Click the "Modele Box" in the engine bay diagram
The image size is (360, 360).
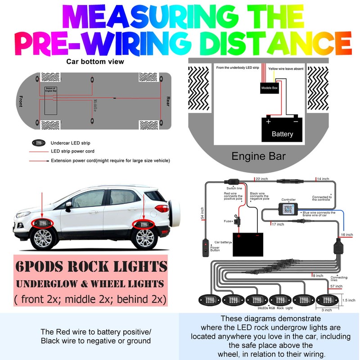click(270, 89)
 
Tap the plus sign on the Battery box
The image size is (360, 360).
click(268, 121)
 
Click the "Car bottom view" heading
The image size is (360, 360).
click(95, 62)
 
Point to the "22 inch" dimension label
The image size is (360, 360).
click(262, 179)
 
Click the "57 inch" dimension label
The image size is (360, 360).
click(337, 286)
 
